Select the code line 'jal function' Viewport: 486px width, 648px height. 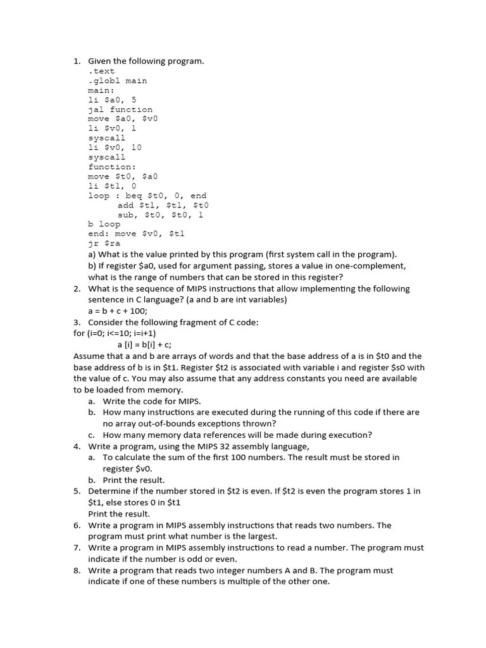click(120, 109)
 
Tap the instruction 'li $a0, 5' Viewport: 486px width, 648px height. click(112, 100)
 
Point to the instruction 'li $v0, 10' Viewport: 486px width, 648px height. click(115, 147)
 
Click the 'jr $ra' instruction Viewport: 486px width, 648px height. click(104, 243)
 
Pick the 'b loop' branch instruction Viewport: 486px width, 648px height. click(104, 224)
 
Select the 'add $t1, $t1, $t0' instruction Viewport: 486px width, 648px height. click(163, 205)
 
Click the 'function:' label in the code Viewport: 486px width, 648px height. click(111, 167)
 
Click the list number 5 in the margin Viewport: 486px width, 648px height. click(77, 491)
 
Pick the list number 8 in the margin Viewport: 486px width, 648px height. click(77, 571)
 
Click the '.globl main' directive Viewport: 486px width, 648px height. click(117, 81)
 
